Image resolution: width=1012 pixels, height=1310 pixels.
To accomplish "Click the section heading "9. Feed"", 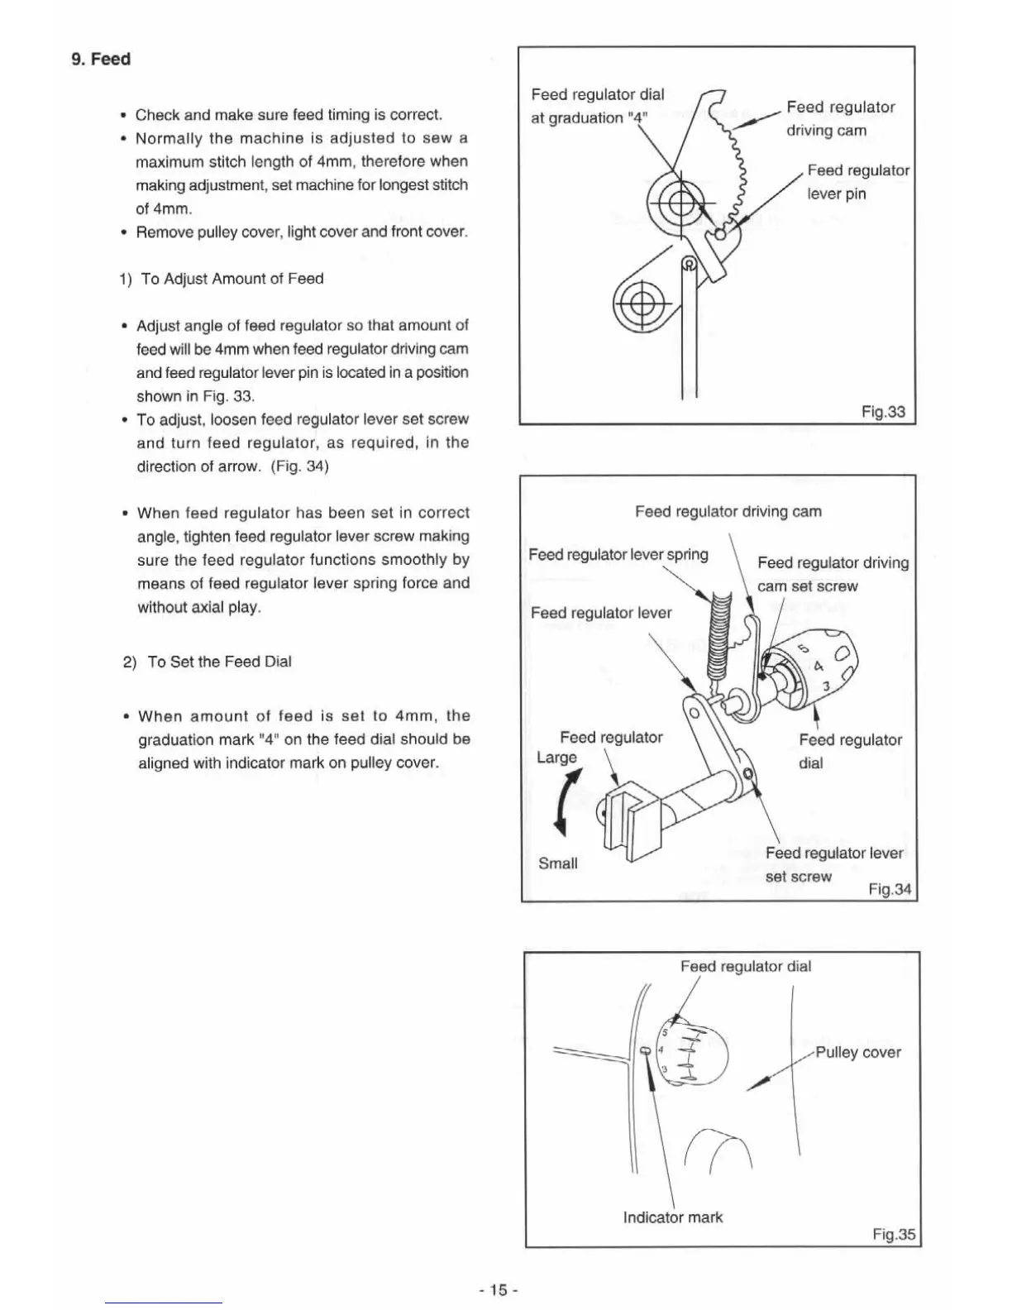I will tap(101, 60).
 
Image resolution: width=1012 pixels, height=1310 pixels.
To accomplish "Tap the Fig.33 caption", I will tap(883, 412).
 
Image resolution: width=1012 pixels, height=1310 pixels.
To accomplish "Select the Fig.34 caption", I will tap(890, 890).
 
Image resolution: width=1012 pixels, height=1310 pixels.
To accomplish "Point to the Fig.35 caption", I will tap(894, 1235).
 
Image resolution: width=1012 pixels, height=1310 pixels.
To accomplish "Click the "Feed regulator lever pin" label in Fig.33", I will tap(857, 182).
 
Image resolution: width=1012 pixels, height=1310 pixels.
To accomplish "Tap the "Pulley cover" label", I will tap(857, 1053).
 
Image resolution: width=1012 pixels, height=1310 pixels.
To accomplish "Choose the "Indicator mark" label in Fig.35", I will tap(672, 1217).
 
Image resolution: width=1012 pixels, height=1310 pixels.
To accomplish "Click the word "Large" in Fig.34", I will tap(556, 758).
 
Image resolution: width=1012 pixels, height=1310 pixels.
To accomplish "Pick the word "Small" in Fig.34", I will tap(557, 863).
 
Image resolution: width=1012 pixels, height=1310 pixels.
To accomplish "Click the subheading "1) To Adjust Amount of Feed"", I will tap(222, 279).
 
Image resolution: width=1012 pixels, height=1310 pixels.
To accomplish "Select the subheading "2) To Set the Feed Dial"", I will tap(207, 662).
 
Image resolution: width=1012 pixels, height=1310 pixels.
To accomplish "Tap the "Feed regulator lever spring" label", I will tap(618, 554).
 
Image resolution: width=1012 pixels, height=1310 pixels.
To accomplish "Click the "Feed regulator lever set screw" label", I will tap(833, 864).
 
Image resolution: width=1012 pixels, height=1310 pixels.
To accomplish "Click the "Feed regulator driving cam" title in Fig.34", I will tap(728, 512).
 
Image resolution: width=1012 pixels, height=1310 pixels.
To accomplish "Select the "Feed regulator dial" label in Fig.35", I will tap(745, 966).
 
